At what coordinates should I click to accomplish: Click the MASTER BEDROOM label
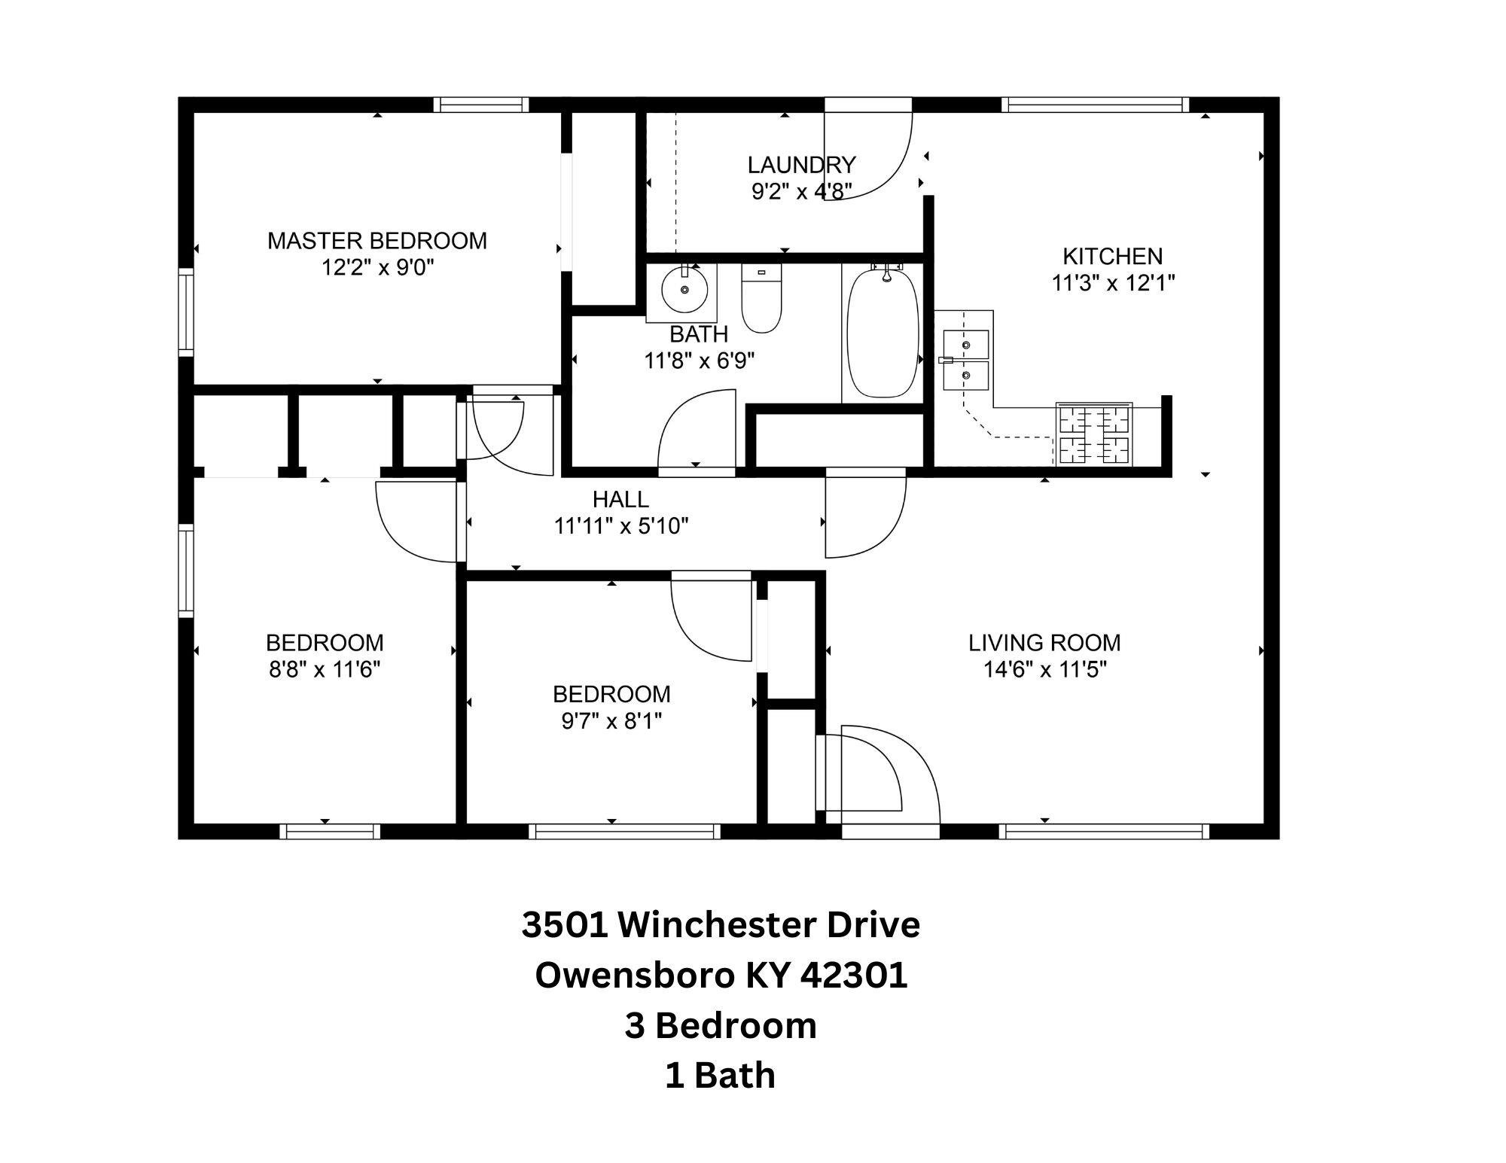[377, 241]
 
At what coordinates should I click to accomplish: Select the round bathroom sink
[684, 288]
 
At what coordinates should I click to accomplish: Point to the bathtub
[883, 332]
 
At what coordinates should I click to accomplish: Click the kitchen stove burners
[1095, 435]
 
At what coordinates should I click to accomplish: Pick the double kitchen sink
[965, 359]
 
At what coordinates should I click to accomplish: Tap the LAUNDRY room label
[801, 164]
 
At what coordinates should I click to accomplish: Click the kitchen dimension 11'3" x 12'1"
[1113, 283]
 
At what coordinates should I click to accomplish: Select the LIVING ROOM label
[1044, 643]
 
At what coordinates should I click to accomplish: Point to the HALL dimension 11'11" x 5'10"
[621, 525]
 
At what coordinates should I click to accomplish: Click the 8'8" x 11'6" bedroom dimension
[325, 669]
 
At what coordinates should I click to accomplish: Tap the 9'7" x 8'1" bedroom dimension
[611, 721]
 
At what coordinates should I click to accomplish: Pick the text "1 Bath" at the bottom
[720, 1076]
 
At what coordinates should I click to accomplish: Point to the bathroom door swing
[697, 429]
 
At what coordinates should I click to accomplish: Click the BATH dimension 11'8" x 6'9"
[700, 361]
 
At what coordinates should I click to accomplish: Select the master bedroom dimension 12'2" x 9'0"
[379, 268]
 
